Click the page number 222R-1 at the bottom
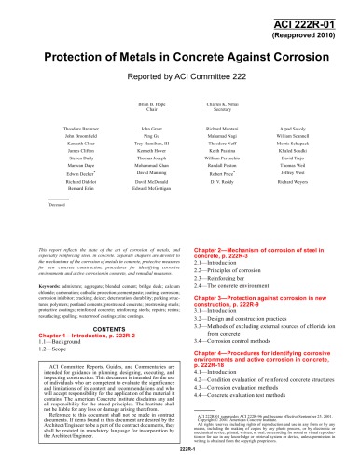tap(180, 459)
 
